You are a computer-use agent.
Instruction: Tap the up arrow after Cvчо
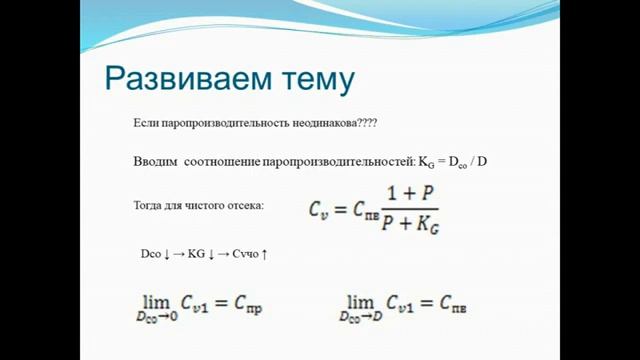click(x=265, y=255)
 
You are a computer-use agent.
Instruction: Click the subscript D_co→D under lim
click(x=361, y=317)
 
